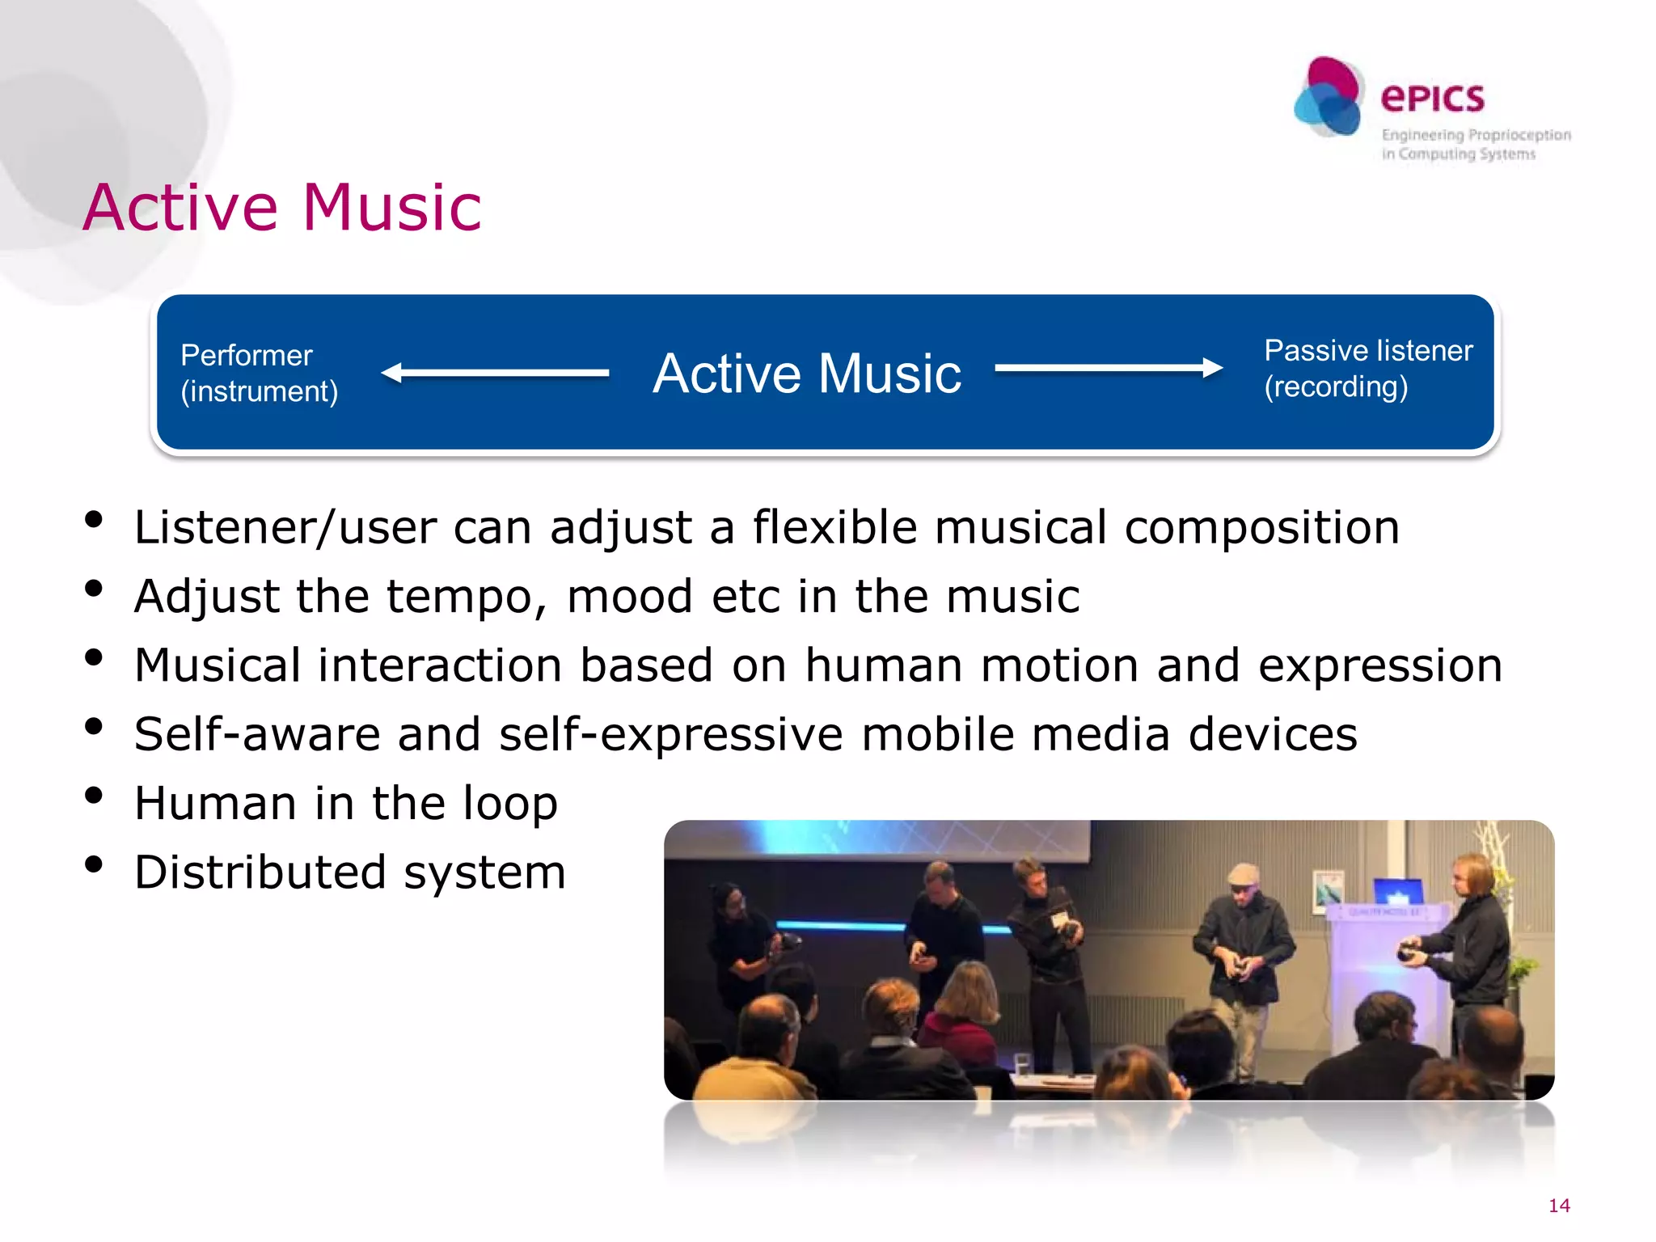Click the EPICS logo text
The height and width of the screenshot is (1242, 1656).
point(1432,99)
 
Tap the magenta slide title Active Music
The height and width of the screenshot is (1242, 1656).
point(282,208)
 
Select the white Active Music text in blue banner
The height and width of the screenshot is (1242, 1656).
point(807,374)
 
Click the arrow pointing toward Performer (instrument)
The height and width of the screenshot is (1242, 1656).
point(494,373)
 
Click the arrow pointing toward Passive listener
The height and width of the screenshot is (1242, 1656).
point(1109,368)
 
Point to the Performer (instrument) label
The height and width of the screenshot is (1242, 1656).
point(259,373)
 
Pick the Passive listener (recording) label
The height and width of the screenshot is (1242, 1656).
point(1367,368)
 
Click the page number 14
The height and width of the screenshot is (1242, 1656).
point(1558,1206)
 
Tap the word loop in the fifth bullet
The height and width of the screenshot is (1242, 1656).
point(509,804)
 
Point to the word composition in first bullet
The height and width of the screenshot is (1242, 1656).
point(1261,528)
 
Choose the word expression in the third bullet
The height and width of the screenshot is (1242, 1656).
point(1379,665)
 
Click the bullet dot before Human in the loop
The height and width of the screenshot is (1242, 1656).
point(94,796)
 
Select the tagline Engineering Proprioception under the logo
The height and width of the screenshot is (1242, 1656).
point(1476,135)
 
